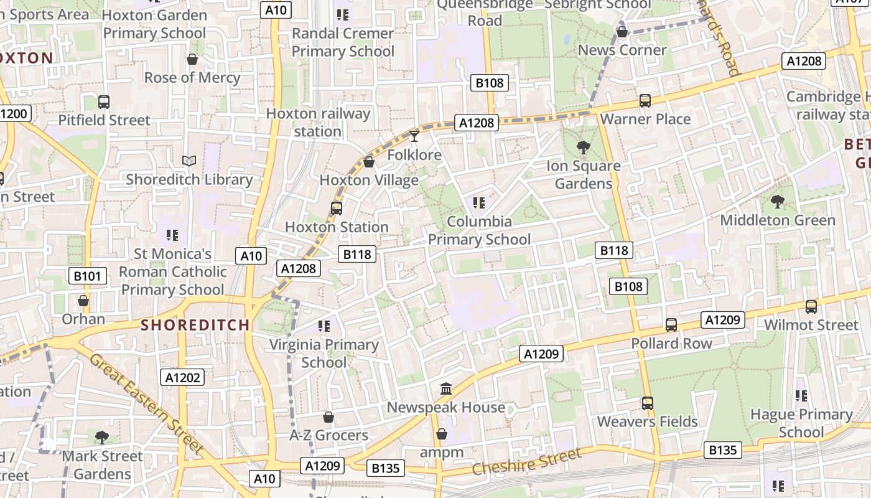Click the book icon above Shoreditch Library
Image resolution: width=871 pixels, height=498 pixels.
(189, 161)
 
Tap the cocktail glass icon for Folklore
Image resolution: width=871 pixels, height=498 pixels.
(414, 136)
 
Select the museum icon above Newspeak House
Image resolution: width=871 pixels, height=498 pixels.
(446, 389)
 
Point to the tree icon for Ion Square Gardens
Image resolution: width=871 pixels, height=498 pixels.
(584, 148)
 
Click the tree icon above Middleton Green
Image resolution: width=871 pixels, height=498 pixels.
(777, 202)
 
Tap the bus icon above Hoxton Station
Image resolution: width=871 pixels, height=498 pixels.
(337, 209)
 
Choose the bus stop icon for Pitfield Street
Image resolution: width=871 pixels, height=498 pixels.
(104, 102)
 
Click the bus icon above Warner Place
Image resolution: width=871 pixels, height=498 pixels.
(645, 101)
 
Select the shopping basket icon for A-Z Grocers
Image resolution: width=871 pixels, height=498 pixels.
(328, 417)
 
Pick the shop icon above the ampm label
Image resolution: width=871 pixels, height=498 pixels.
(442, 434)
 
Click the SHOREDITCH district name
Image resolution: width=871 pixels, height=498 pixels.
(195, 325)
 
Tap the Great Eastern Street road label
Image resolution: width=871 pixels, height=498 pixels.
(147, 403)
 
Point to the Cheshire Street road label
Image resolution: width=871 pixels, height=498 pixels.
(526, 461)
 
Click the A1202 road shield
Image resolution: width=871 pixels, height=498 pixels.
(184, 377)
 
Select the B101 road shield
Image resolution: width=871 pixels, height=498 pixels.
(87, 276)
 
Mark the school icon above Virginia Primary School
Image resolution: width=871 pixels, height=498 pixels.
(324, 326)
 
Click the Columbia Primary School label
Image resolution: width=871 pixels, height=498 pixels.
(479, 230)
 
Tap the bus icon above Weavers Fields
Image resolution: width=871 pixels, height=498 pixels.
(648, 403)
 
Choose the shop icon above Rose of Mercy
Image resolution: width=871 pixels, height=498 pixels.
(192, 59)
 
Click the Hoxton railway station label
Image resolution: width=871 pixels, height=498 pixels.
(318, 123)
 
